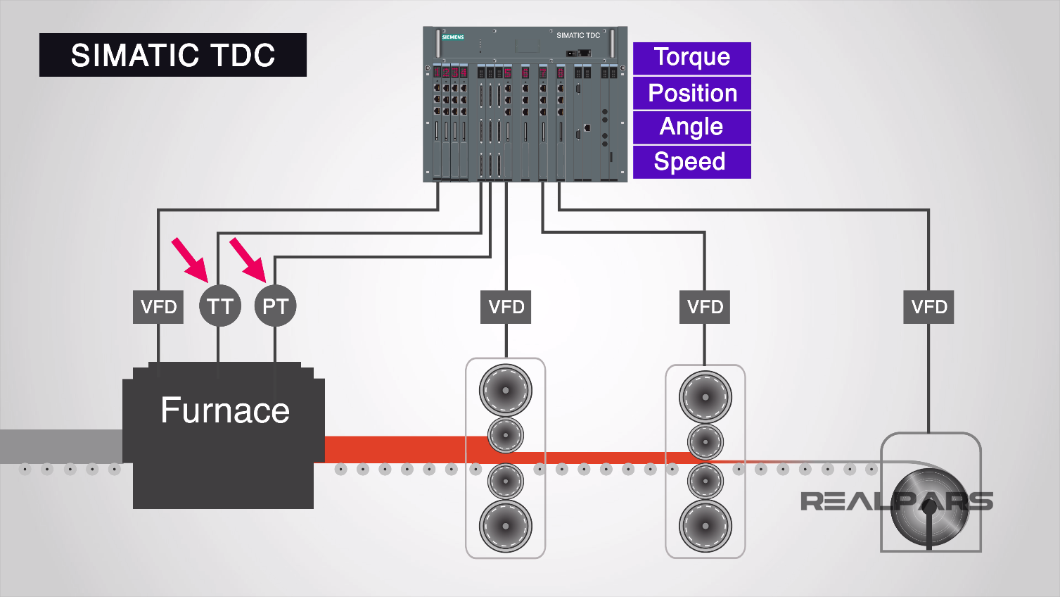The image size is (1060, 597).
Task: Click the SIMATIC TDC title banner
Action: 172,55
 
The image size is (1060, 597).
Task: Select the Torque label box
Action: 691,58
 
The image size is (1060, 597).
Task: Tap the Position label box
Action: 691,93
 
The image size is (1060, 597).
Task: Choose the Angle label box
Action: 691,127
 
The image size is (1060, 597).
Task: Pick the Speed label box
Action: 691,162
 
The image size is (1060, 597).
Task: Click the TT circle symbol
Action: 220,306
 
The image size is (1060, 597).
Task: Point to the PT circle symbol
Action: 275,306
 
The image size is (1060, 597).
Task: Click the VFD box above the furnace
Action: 158,307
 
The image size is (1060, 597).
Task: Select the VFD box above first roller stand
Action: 506,307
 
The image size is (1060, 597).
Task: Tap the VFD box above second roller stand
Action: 705,307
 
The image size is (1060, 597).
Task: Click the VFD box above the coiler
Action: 928,307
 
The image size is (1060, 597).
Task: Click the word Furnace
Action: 224,410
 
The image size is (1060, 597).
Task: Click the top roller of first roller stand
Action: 505,390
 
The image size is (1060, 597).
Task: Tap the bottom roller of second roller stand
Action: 705,526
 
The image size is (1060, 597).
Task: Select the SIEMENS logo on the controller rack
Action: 453,37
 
